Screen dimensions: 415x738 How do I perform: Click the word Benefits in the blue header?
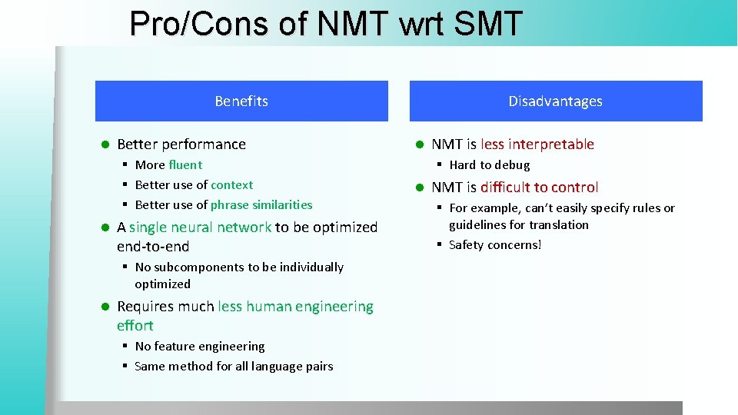point(241,101)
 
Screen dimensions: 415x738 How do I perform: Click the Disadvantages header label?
point(555,101)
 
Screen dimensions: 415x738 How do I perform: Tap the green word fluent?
point(185,164)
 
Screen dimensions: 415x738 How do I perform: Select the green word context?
point(231,184)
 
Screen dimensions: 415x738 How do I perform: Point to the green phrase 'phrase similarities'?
point(261,204)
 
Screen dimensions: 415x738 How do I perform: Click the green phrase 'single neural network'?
point(200,227)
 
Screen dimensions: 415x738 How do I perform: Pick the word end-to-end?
point(153,247)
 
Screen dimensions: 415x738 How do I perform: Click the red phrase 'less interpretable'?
point(537,144)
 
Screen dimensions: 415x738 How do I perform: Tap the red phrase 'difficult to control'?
point(539,188)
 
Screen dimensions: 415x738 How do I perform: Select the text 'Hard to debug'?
point(490,164)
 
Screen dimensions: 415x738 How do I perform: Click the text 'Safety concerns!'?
point(495,244)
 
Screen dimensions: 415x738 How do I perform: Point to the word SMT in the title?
point(488,24)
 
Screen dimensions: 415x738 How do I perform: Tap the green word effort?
point(135,326)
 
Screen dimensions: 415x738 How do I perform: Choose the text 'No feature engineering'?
point(200,346)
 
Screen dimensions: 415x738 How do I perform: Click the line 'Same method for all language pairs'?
point(234,366)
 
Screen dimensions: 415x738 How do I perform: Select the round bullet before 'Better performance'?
point(106,144)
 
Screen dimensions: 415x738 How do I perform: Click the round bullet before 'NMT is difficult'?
point(421,188)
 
